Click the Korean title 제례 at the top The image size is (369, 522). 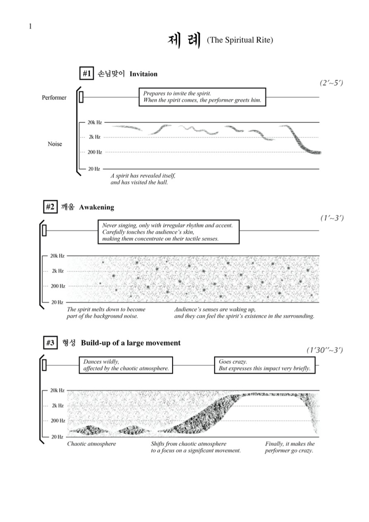pos(184,41)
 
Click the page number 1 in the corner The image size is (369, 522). pos(30,26)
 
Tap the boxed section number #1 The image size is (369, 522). pos(86,74)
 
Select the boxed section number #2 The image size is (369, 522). pos(50,207)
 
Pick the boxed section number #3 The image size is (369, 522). pos(50,343)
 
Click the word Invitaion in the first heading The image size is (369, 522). pos(143,74)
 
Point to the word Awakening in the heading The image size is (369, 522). pos(96,207)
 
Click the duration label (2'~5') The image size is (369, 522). pos(331,83)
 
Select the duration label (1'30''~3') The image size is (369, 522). pos(325,350)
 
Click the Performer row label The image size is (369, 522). pos(54,98)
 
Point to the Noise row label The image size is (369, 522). pos(55,144)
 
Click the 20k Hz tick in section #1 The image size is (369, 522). pos(94,122)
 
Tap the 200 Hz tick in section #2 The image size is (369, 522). pos(58,286)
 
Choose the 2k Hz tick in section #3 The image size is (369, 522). pos(58,405)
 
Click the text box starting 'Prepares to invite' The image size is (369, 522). pos(202,97)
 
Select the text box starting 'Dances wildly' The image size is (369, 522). pos(126,365)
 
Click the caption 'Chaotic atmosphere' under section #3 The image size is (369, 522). pos(91,444)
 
